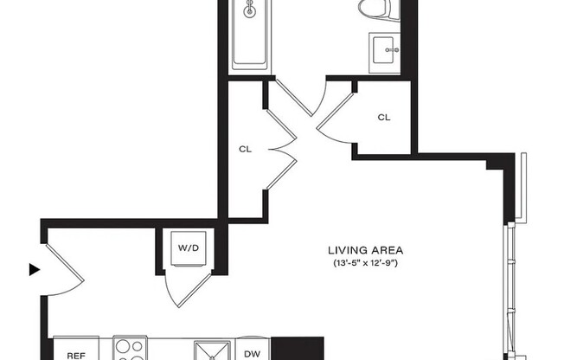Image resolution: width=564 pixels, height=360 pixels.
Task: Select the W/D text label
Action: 188,248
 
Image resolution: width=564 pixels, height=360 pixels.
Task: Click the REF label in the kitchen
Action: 75,354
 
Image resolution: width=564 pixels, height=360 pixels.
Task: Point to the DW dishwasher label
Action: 252,353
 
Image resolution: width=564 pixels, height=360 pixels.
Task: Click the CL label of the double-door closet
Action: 245,149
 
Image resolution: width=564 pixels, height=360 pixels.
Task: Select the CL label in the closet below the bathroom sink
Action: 384,118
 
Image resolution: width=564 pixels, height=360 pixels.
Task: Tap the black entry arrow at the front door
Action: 35,270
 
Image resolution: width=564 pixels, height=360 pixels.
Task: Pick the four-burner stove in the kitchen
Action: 131,350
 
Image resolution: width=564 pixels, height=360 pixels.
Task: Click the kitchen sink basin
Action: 210,350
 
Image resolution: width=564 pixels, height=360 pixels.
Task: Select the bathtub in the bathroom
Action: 253,35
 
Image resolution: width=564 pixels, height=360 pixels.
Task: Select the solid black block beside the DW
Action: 298,348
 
